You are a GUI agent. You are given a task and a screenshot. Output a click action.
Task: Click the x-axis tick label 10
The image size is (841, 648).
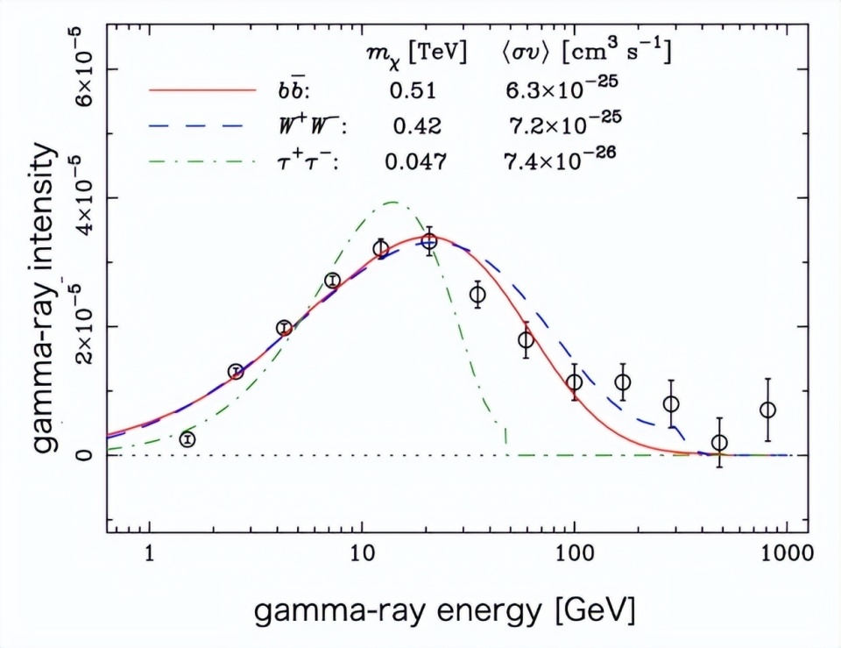pos(361,556)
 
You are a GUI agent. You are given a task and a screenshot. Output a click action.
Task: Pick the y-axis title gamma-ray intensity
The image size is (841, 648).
pos(46,302)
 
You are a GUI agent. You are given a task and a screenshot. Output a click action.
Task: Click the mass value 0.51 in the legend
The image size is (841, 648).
pos(413,90)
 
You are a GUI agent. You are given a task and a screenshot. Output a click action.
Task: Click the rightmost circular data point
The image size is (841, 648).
pos(767,409)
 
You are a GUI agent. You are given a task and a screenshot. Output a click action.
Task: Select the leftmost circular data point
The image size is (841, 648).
pos(187,438)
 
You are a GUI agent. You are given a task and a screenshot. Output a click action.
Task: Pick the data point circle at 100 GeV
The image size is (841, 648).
pos(574,382)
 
